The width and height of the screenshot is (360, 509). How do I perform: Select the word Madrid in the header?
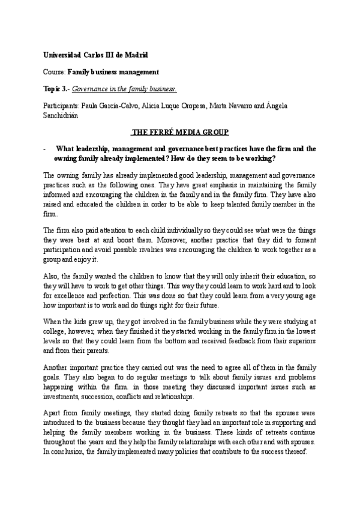point(135,55)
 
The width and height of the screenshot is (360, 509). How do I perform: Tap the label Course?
point(54,71)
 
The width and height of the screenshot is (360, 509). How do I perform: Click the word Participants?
point(62,105)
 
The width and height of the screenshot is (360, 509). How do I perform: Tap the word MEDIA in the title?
point(194,131)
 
